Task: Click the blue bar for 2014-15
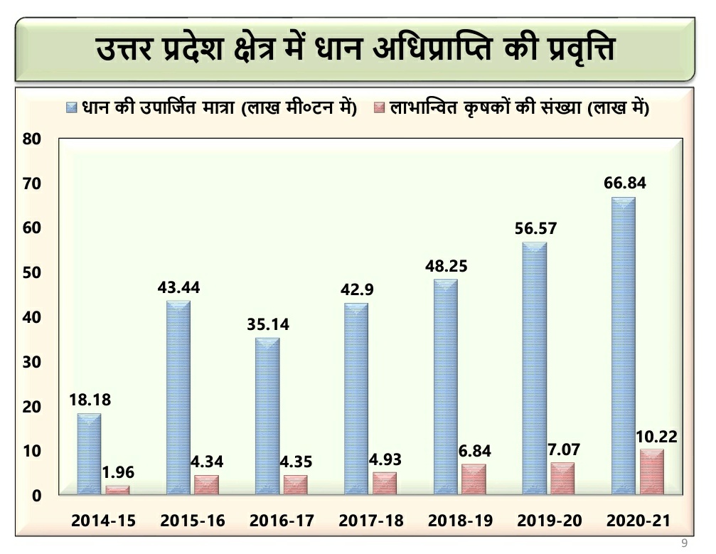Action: point(89,454)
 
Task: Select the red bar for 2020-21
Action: point(651,472)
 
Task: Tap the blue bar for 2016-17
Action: point(267,416)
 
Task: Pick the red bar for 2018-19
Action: point(474,479)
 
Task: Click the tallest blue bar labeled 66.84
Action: point(623,345)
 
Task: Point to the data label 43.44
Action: point(178,288)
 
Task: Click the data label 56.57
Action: point(535,229)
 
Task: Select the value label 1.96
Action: point(118,472)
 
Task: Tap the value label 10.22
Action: point(656,436)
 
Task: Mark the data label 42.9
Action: point(357,291)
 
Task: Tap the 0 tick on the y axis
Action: point(35,496)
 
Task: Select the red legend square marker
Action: point(379,108)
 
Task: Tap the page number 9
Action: point(684,543)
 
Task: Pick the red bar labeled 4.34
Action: point(207,484)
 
